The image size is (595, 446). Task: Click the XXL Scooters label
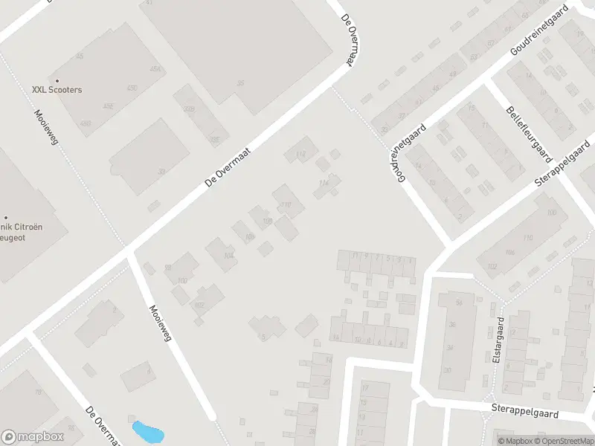[57, 89]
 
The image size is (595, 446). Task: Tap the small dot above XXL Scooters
[57, 80]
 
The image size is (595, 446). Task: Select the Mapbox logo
[31, 437]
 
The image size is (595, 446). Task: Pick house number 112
[300, 154]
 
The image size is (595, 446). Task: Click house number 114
[323, 183]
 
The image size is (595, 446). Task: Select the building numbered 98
[168, 268]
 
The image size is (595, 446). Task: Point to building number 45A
[155, 69]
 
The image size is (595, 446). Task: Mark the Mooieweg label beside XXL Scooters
[45, 127]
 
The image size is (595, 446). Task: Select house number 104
[228, 256]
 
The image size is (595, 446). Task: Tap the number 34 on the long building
[448, 347]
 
